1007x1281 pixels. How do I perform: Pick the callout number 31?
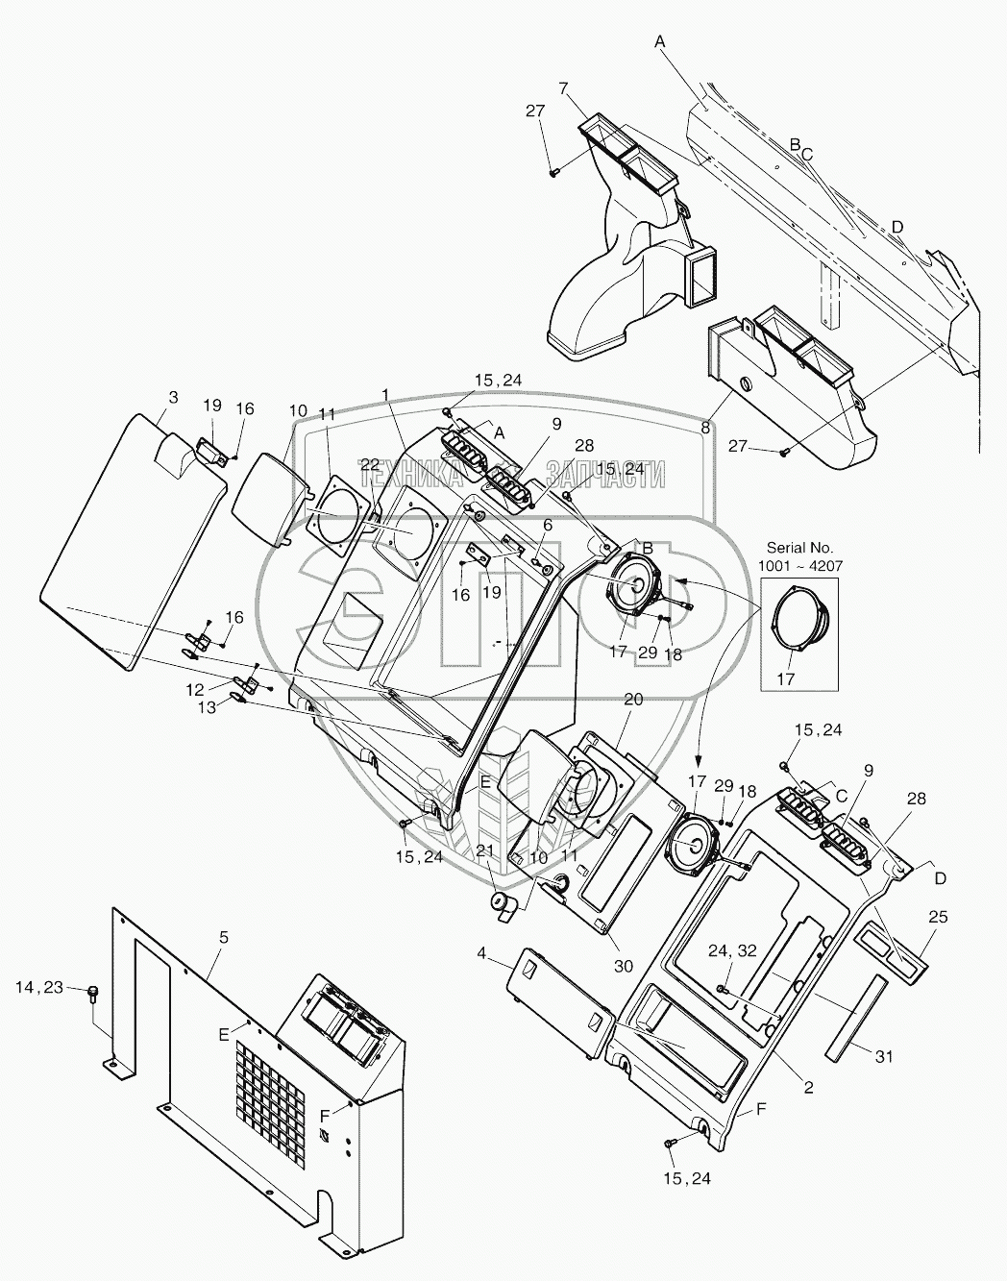(884, 1057)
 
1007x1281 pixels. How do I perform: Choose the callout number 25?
(938, 918)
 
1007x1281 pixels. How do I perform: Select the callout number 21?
(485, 852)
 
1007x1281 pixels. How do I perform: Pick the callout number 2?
(809, 1088)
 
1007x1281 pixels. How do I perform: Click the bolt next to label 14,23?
(94, 993)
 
